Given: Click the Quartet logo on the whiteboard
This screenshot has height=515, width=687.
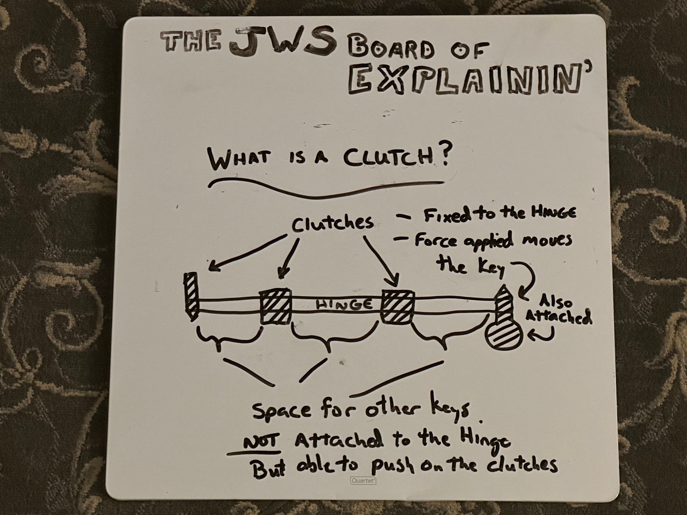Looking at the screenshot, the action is [363, 481].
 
